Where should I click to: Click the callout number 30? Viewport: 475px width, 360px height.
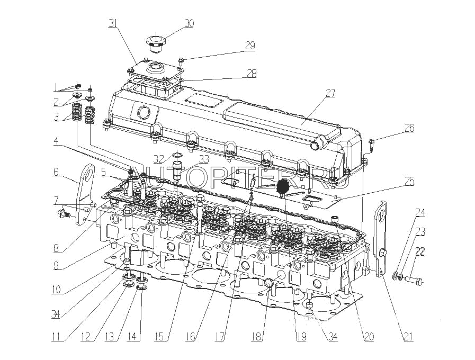click(x=189, y=23)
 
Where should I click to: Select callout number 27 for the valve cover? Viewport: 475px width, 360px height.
click(x=330, y=94)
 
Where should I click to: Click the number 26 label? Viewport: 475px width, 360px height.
click(x=409, y=128)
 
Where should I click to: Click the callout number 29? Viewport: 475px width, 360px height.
click(x=250, y=46)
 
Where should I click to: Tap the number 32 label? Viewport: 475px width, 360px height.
click(x=159, y=158)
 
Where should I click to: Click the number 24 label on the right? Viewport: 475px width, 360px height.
click(x=420, y=213)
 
